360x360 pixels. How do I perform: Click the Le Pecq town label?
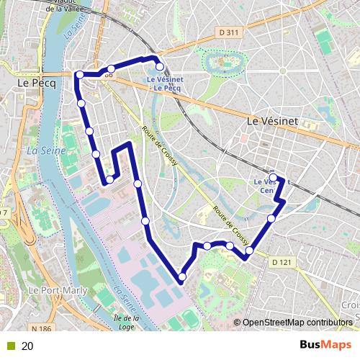click(x=32, y=84)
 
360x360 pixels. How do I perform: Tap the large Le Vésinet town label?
click(x=272, y=122)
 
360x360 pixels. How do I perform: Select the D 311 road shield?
click(x=228, y=32)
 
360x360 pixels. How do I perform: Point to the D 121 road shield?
click(x=283, y=263)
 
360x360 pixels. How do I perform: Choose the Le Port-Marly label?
click(x=53, y=289)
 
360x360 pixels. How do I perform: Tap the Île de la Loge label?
click(x=126, y=322)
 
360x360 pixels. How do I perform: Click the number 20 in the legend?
click(x=27, y=346)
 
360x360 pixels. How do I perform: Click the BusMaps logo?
click(x=325, y=346)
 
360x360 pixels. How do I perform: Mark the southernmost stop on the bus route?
click(x=181, y=276)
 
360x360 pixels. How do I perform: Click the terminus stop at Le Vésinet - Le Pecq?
click(x=160, y=66)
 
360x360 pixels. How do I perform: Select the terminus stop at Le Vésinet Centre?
click(x=273, y=176)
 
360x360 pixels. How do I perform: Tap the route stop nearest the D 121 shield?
click(x=249, y=251)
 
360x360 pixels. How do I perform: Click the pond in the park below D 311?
click(x=218, y=63)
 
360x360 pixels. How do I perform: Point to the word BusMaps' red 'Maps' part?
click(x=337, y=346)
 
